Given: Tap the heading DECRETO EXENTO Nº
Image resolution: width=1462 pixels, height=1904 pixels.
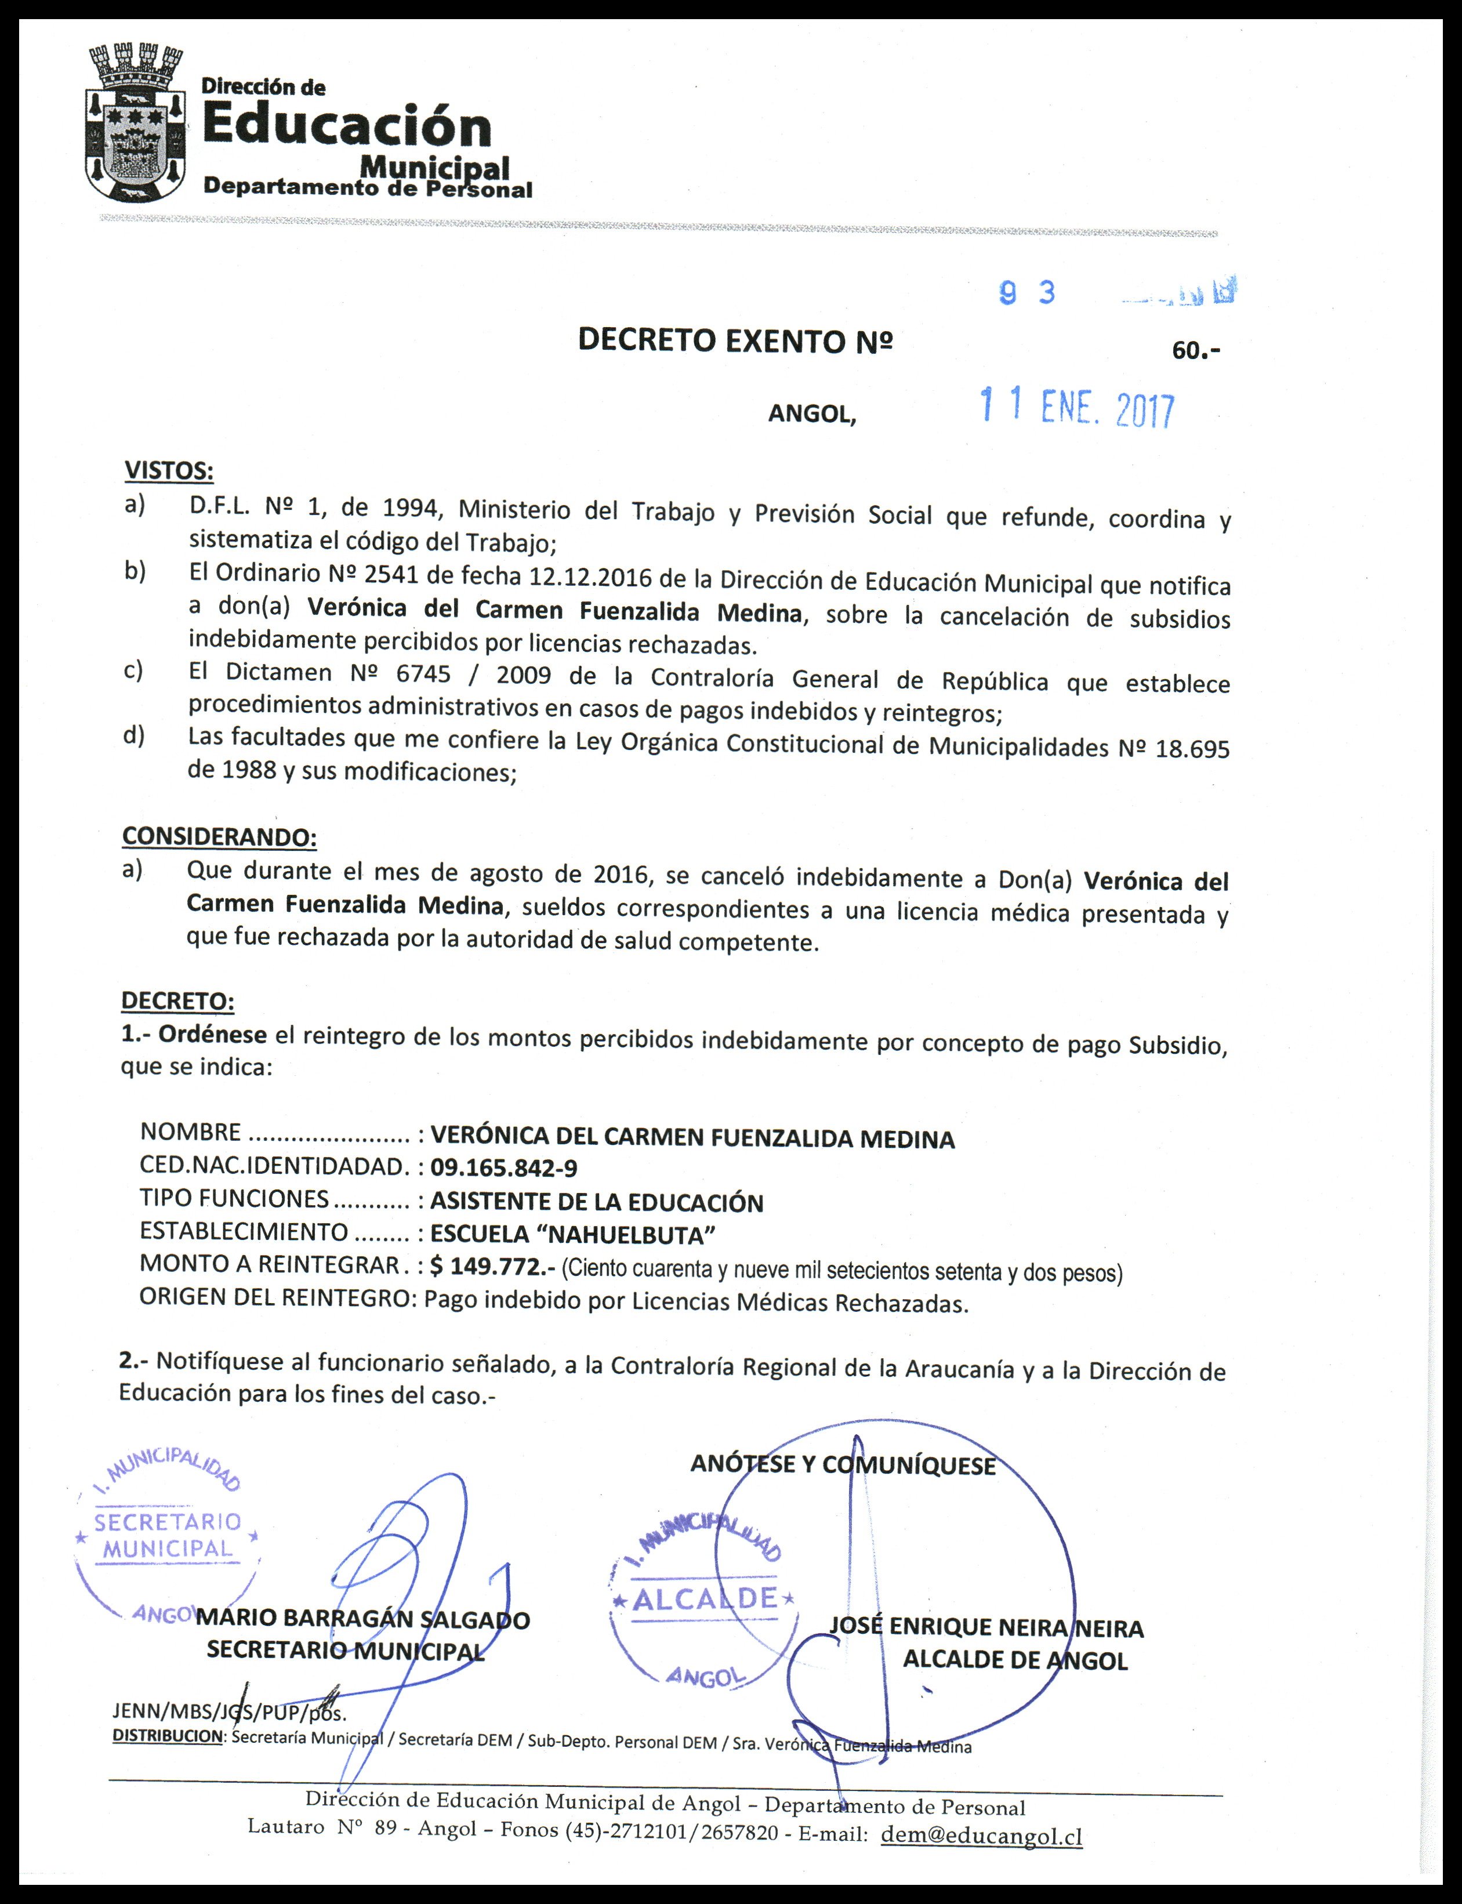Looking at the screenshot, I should pos(735,340).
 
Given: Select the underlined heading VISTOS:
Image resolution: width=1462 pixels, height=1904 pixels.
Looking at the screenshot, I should pos(169,471).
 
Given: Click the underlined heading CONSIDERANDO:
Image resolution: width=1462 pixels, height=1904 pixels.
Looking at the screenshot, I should pos(219,837).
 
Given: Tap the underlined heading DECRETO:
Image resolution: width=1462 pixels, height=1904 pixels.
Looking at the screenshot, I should pos(177,1001).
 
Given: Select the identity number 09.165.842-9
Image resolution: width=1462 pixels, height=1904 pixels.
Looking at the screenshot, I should pos(504,1168).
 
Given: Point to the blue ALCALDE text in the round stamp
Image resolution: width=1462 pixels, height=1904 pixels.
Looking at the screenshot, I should pos(704,1598).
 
